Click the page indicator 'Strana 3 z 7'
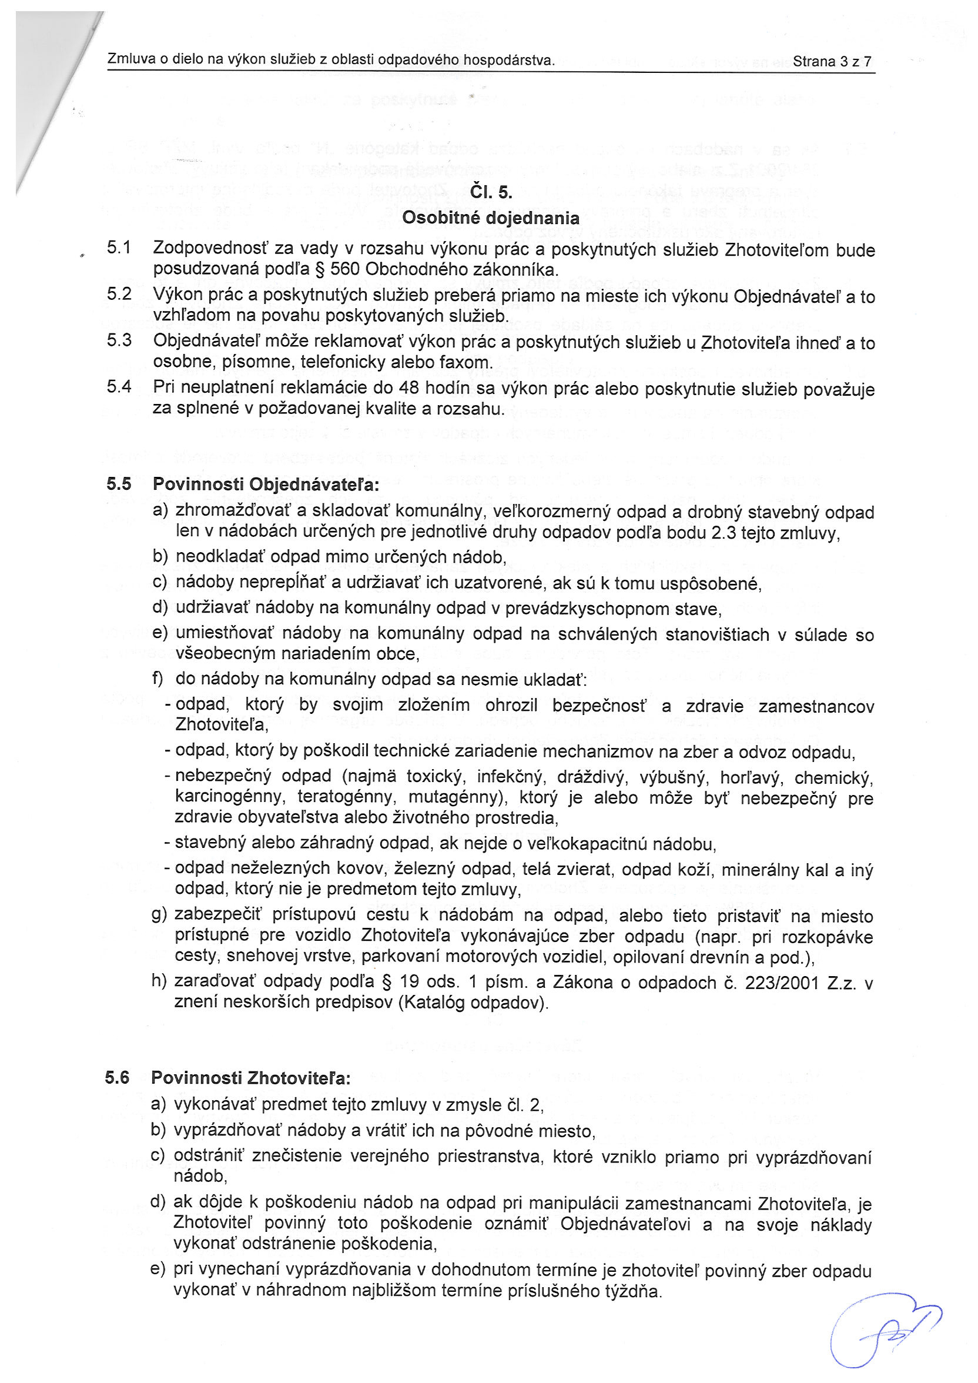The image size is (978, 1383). [832, 61]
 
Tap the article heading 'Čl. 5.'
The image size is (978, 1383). [491, 192]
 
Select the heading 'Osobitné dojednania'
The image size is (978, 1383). [490, 218]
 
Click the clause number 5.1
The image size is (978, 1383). [119, 248]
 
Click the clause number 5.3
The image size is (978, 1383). [119, 340]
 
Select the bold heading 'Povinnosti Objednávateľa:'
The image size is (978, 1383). [266, 485]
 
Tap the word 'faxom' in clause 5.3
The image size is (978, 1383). [467, 363]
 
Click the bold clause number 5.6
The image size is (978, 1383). [118, 1078]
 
